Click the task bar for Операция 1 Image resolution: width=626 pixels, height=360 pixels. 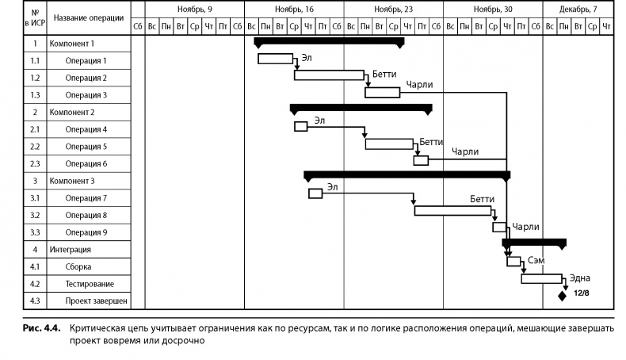275,58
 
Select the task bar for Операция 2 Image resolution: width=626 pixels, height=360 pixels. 330,75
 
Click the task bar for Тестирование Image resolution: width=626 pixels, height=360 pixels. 541,278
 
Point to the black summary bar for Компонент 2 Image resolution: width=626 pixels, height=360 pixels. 361,108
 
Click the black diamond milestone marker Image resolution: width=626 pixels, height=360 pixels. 562,296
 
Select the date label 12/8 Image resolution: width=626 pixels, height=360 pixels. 581,293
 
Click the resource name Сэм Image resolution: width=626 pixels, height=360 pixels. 536,259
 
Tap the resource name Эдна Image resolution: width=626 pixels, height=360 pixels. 580,278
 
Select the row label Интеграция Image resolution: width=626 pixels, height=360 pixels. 70,249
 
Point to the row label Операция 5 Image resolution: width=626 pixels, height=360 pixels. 86,147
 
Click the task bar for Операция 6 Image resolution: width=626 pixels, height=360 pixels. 421,160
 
